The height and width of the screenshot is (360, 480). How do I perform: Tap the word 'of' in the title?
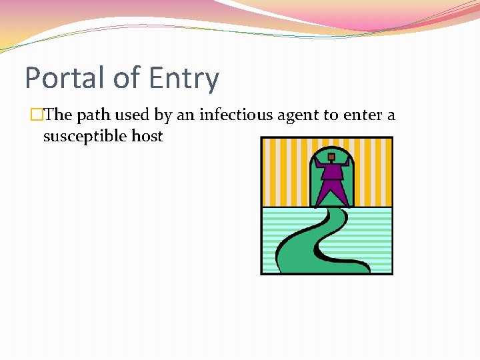(127, 78)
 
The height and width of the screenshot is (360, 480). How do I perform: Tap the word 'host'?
(147, 136)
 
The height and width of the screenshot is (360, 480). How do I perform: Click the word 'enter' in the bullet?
(363, 115)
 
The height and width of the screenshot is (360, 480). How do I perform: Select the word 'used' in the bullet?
(133, 115)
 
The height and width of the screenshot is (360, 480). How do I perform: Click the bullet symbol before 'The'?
(37, 115)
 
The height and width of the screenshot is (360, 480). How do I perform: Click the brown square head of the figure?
(331, 157)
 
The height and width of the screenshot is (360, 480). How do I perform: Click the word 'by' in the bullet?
(163, 115)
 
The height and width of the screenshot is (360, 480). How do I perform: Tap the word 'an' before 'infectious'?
(186, 115)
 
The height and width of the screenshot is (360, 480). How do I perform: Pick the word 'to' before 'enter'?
(331, 115)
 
